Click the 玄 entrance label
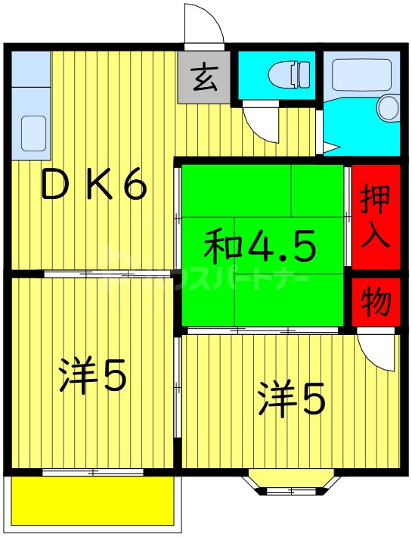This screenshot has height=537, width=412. click(x=203, y=78)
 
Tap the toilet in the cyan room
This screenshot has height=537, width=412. click(x=292, y=74)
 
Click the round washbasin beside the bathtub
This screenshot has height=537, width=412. click(x=389, y=107)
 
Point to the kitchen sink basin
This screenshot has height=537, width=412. click(x=34, y=133)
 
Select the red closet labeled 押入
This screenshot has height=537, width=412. click(x=375, y=216)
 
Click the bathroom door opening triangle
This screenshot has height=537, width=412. click(x=333, y=144)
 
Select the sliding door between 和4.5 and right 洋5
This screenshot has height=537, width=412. click(x=263, y=331)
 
